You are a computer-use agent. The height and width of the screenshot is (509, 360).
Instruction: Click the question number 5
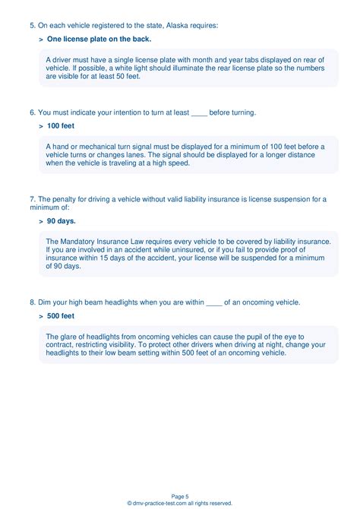click(x=33, y=25)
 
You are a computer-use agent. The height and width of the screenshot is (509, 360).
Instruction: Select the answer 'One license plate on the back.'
click(x=99, y=38)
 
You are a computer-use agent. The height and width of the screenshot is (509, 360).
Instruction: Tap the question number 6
click(x=33, y=112)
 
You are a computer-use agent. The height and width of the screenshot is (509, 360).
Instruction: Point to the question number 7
click(x=33, y=200)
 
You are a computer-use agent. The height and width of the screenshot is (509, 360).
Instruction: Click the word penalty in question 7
click(x=65, y=200)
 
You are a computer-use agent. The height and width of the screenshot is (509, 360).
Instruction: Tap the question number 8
click(x=33, y=302)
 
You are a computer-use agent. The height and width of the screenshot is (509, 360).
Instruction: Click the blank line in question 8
click(x=214, y=302)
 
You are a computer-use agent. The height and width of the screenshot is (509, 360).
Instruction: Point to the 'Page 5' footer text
click(x=180, y=495)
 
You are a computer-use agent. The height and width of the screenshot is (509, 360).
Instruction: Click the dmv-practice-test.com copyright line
click(x=180, y=503)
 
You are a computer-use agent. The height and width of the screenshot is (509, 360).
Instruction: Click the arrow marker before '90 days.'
click(x=40, y=221)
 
